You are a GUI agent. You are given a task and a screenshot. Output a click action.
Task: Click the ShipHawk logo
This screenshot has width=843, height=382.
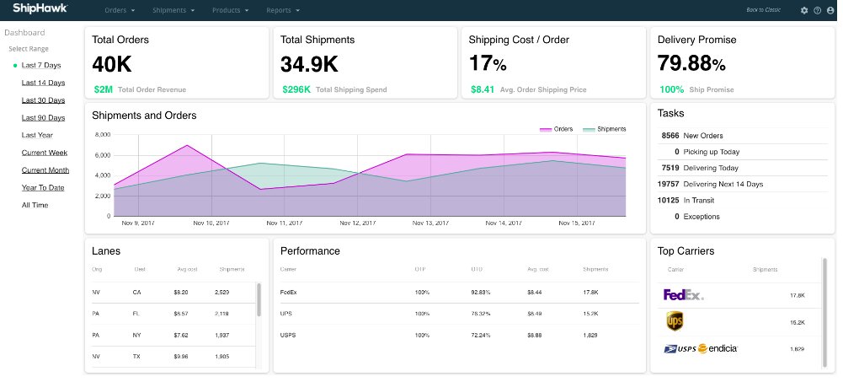(x=40, y=9)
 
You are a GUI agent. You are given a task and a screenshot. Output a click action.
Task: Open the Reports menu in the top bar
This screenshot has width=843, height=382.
(x=282, y=10)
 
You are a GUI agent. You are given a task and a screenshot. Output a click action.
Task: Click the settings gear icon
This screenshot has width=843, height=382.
(x=804, y=10)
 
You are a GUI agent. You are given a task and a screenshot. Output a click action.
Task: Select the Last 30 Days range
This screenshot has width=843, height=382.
(x=43, y=100)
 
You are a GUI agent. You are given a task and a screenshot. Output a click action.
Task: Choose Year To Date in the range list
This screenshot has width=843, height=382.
(x=43, y=187)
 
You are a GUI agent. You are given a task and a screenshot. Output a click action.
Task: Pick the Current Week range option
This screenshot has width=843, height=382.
(x=45, y=153)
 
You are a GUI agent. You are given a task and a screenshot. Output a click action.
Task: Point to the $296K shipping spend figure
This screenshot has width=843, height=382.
(x=296, y=89)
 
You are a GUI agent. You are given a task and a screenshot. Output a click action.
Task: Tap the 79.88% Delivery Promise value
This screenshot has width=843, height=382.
(x=691, y=64)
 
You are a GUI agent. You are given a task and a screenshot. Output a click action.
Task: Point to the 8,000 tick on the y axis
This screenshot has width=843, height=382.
(x=102, y=135)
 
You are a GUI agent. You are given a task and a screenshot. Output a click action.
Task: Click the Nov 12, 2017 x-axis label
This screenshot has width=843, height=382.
(x=358, y=223)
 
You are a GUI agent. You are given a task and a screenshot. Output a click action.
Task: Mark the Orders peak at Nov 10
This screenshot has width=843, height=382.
(x=186, y=145)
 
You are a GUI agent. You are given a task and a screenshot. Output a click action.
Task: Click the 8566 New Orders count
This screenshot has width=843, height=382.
(x=670, y=135)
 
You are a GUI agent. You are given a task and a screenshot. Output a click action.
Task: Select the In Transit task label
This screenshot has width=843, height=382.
(x=698, y=200)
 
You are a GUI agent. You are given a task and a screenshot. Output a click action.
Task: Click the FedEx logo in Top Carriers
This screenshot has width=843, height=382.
(x=683, y=295)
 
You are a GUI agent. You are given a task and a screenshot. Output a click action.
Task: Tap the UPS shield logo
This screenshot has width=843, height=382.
(x=674, y=321)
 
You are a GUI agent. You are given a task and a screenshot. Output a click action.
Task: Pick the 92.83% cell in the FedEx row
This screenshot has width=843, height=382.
(x=481, y=293)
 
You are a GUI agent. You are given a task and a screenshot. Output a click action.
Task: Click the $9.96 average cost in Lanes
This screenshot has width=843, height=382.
(x=181, y=356)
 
